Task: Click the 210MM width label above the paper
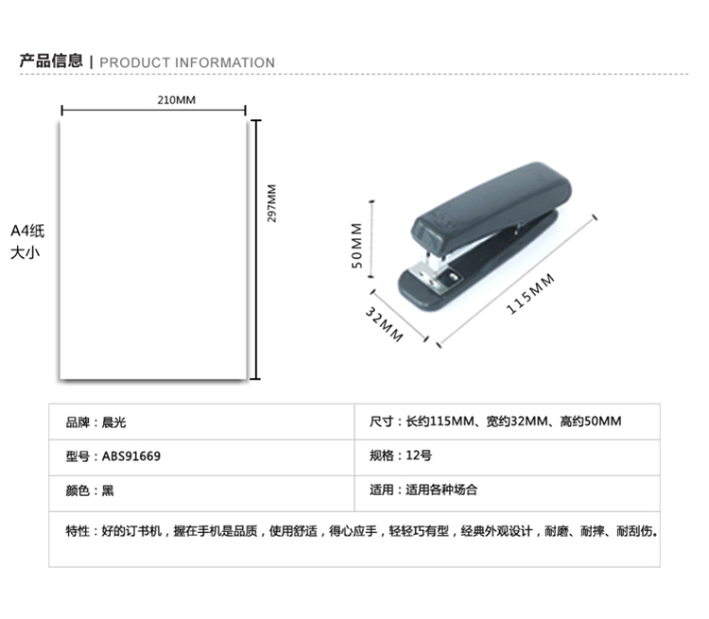[x=177, y=100]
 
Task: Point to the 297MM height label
[x=271, y=203]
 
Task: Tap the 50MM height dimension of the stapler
[x=356, y=246]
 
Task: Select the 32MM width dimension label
[x=384, y=324]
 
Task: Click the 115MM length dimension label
[x=530, y=294]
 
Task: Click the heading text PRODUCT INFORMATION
[x=187, y=62]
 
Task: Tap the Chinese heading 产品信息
[x=51, y=60]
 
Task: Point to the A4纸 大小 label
[x=27, y=241]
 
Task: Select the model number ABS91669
[x=131, y=456]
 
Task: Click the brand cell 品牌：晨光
[x=95, y=422]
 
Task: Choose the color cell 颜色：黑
[x=90, y=490]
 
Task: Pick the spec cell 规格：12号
[x=401, y=456]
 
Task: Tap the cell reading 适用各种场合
[x=441, y=490]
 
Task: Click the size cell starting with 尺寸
[x=495, y=421]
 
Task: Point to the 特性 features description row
[x=361, y=531]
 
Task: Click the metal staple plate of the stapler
[x=433, y=277]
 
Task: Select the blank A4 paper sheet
[x=153, y=250]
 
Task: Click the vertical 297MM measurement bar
[x=256, y=249]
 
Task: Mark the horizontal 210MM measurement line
[x=154, y=110]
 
